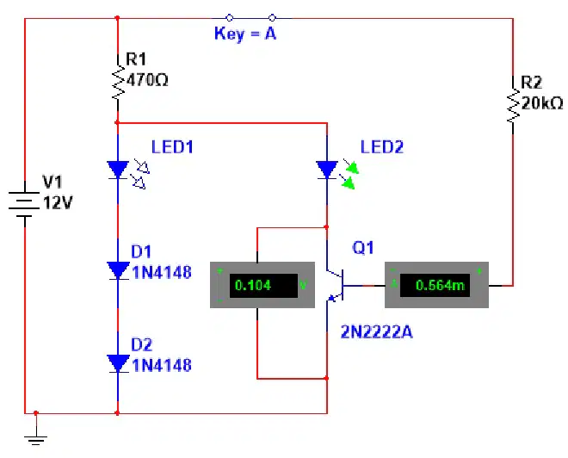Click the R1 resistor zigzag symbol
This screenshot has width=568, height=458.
118,82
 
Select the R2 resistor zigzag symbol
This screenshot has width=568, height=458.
513,105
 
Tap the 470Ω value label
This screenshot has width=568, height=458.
147,80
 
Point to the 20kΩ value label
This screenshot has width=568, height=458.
542,103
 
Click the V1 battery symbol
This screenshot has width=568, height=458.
25,205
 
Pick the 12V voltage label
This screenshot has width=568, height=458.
58,203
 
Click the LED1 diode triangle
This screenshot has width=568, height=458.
118,170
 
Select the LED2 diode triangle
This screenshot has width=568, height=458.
327,170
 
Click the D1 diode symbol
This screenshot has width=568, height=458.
118,271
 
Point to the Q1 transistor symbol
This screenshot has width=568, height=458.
335,286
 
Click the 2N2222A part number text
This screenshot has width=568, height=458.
377,332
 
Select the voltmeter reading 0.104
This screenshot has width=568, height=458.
253,286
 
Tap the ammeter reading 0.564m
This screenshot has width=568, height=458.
440,286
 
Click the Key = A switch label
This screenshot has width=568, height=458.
245,34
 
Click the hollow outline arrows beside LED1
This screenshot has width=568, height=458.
140,174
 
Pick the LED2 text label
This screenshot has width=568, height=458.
382,147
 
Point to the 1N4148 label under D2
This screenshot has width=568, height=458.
162,365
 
